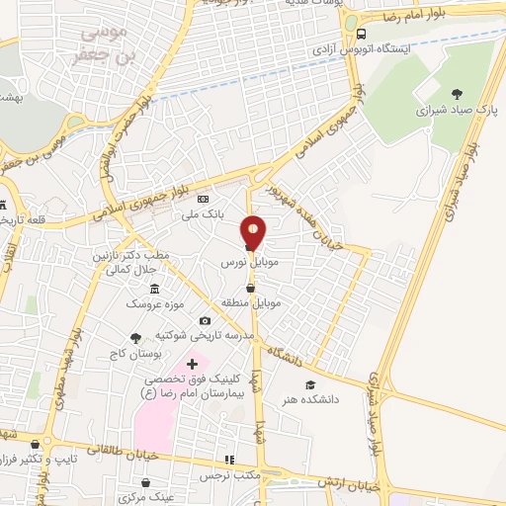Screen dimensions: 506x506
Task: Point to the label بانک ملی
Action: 208,212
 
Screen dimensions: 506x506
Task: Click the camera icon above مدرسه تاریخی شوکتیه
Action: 205,320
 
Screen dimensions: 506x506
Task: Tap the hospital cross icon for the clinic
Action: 192,366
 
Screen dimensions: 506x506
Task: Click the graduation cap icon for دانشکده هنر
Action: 310,384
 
